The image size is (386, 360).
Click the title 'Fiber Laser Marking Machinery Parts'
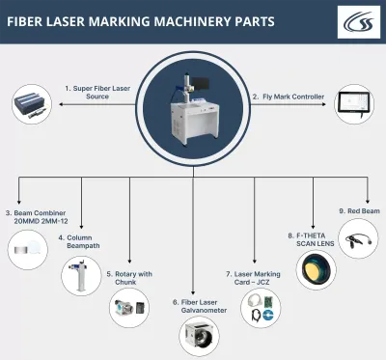click(x=140, y=20)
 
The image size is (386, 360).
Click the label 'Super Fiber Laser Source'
click(x=97, y=92)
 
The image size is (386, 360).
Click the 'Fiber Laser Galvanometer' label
click(x=194, y=306)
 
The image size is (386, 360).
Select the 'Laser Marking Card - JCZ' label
click(x=256, y=278)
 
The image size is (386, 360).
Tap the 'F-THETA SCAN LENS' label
click(x=313, y=238)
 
